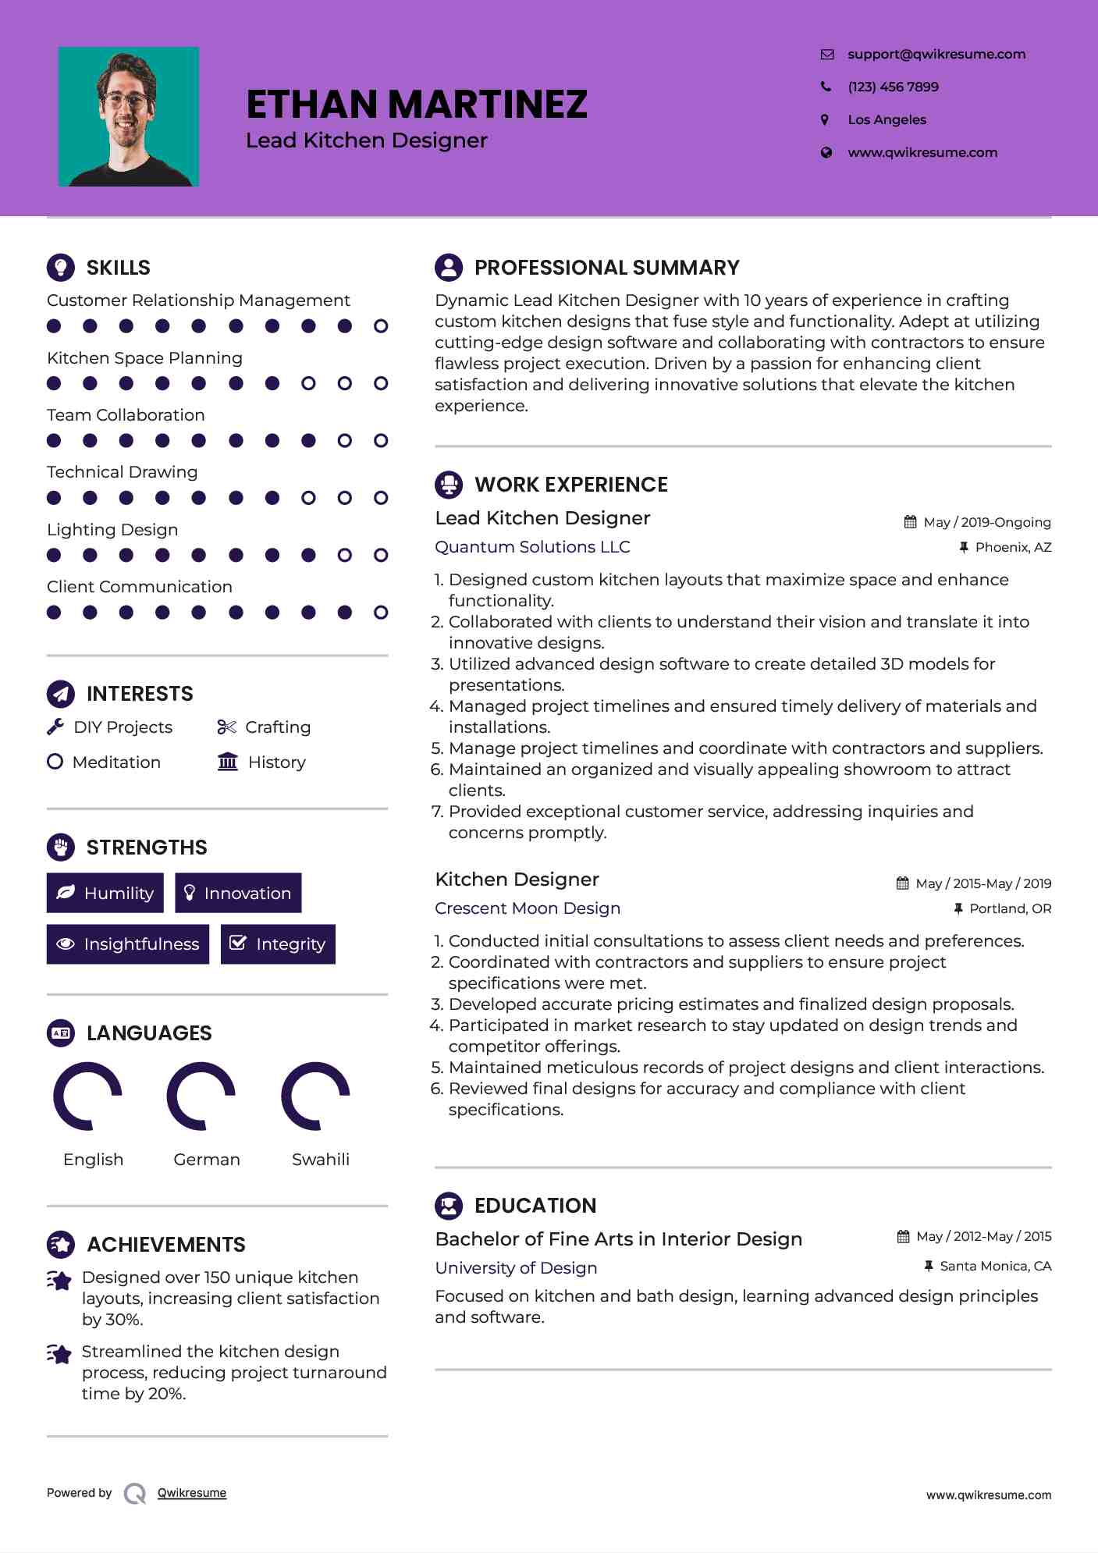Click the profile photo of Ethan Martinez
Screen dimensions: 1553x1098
tap(129, 117)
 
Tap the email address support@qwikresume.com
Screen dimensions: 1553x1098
tap(936, 54)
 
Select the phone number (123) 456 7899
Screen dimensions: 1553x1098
tap(893, 87)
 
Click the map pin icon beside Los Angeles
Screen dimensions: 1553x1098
tap(825, 119)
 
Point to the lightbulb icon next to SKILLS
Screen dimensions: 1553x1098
tap(61, 267)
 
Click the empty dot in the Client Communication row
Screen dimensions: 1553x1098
tap(381, 613)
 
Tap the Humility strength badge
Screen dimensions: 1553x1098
tap(105, 893)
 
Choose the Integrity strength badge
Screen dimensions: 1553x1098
tap(278, 944)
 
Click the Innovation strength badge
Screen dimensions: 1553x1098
tap(238, 893)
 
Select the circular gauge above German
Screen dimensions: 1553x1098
tap(201, 1096)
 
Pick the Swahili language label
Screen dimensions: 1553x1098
tap(320, 1160)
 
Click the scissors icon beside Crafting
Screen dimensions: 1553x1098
tap(226, 727)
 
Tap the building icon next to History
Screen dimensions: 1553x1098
tap(228, 762)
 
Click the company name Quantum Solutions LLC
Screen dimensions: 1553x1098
tap(532, 547)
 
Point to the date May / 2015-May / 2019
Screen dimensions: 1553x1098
tap(983, 883)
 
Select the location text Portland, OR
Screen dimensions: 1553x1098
tap(1010, 908)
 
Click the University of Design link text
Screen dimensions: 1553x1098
tap(516, 1268)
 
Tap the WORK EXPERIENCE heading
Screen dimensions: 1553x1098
tap(570, 485)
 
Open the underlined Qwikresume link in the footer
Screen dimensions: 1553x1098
tap(192, 1493)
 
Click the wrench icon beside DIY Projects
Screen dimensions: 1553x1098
tap(55, 727)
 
